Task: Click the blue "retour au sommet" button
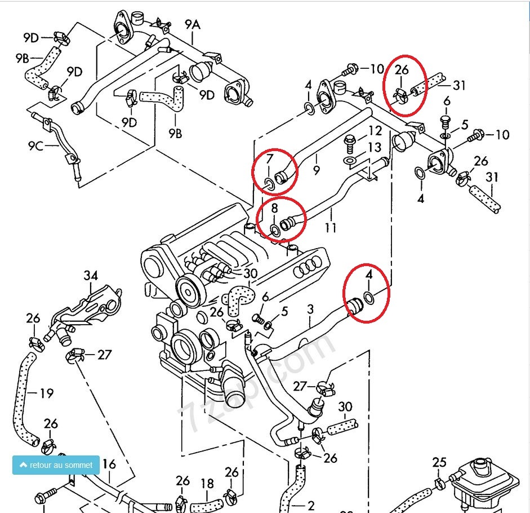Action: [56, 465]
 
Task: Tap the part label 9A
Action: [193, 25]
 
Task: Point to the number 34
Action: [91, 276]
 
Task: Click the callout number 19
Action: [46, 392]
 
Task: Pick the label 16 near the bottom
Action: [109, 464]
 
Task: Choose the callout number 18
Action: [207, 483]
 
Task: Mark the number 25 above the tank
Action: [439, 463]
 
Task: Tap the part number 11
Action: [331, 228]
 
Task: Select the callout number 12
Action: [375, 131]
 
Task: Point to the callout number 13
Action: [375, 147]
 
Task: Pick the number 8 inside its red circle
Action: [275, 208]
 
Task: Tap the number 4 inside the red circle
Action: [369, 275]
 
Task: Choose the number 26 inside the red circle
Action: [402, 70]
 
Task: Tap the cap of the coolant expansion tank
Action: [480, 466]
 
